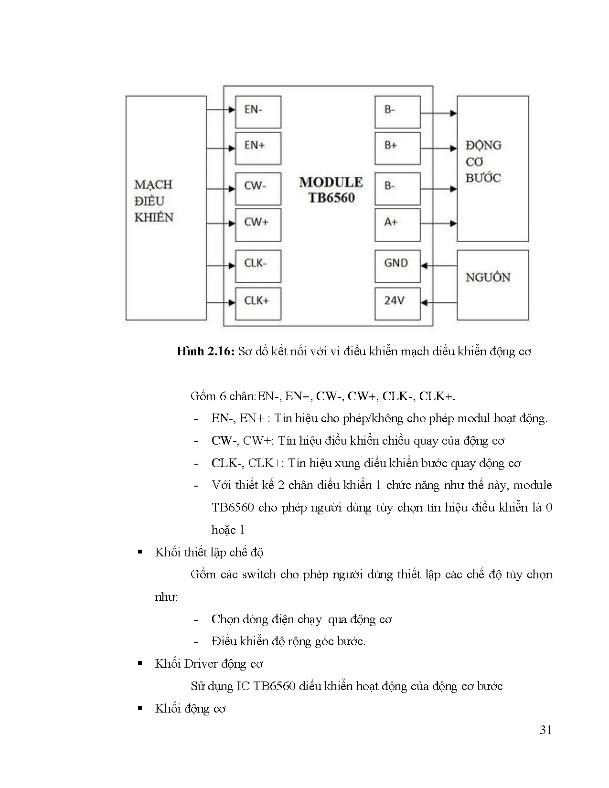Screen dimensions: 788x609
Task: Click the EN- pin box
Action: (x=258, y=112)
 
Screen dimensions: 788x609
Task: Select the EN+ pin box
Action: (x=258, y=148)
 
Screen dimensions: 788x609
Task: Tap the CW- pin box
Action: (x=258, y=189)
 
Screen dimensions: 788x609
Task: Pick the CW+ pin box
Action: (x=258, y=224)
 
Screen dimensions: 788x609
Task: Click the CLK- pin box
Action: (x=258, y=266)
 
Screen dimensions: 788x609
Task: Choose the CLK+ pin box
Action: (x=258, y=303)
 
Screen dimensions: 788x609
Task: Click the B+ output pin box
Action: (x=397, y=148)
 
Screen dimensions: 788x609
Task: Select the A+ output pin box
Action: (x=397, y=224)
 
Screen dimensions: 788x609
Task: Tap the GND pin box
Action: (x=397, y=266)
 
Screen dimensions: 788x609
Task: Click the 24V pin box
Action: (x=397, y=303)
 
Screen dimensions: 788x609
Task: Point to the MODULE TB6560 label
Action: (x=331, y=190)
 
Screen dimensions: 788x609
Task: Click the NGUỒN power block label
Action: (x=488, y=277)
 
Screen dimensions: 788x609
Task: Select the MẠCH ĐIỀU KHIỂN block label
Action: (x=153, y=201)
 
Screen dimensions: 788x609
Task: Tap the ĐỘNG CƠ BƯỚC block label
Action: (x=483, y=161)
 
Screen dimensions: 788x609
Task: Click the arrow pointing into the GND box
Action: (x=438, y=266)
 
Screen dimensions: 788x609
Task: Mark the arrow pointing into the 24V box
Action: (x=438, y=302)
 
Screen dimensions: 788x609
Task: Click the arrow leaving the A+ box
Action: (x=438, y=224)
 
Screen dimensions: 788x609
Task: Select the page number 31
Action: (x=545, y=730)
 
